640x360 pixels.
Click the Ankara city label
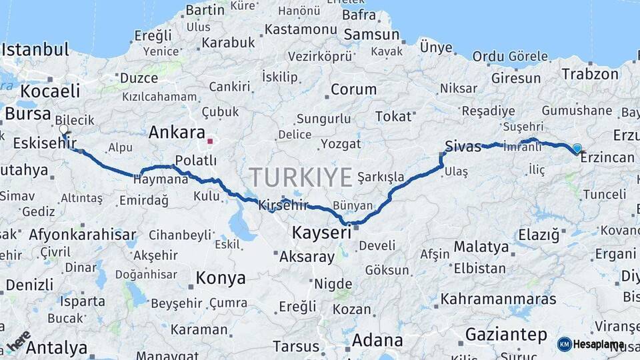176,132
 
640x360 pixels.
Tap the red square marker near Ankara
210,141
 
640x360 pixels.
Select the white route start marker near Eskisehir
63,129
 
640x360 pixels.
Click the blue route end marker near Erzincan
577,148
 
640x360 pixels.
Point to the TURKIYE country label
301,178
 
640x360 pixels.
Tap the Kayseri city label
321,233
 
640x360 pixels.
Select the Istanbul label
35,50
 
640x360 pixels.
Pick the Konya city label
220,277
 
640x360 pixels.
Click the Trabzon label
590,74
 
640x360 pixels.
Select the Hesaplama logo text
599,345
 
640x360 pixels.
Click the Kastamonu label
297,30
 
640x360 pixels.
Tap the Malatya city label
481,247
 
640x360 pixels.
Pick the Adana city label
377,340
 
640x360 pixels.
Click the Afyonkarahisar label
82,235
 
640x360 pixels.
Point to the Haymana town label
161,180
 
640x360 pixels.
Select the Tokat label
393,117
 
